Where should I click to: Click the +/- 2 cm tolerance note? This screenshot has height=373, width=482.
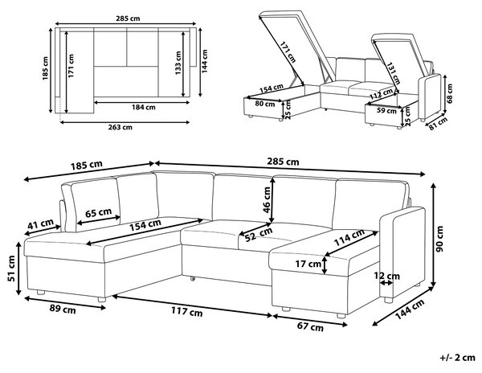point(457,358)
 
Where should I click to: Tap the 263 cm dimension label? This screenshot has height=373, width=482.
point(120,127)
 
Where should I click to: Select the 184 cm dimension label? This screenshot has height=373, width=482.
point(144,108)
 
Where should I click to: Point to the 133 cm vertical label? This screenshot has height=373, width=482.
point(178,63)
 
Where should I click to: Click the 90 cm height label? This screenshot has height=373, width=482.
point(440,239)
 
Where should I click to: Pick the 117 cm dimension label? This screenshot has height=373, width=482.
point(187,312)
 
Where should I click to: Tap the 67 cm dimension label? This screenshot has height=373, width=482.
point(310,326)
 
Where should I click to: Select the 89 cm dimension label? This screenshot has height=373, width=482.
point(63,309)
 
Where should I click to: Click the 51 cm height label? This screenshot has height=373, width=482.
point(11,268)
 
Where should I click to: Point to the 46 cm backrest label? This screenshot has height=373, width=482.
point(267,199)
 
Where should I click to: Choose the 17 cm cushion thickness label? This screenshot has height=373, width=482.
point(308,264)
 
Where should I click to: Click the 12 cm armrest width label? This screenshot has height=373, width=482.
point(386,276)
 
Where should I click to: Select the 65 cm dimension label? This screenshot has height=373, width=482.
point(98,212)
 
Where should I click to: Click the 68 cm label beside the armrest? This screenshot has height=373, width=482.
point(450,93)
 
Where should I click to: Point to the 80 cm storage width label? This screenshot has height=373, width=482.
point(265,104)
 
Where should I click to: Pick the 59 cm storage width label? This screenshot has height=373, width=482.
point(386,110)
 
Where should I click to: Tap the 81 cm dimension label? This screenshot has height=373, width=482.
point(438,124)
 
